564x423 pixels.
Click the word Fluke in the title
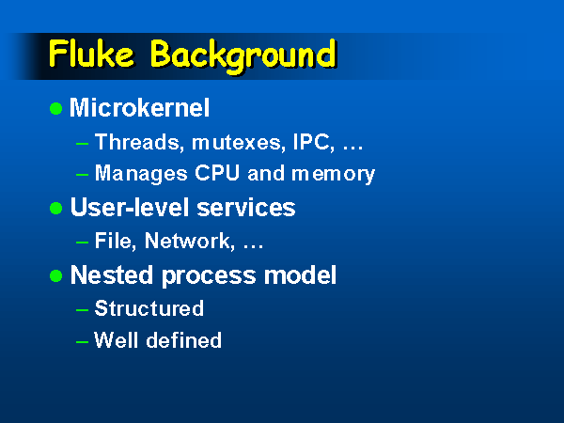click(91, 54)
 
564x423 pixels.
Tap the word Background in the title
click(243, 56)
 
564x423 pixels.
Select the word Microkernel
click(139, 107)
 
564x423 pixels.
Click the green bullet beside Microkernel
click(56, 108)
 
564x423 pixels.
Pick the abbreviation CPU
click(217, 173)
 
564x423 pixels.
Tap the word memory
click(333, 175)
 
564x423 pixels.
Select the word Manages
click(141, 174)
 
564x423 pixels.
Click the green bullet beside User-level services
click(56, 208)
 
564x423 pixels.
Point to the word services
click(246, 208)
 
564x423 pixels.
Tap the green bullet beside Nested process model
click(56, 275)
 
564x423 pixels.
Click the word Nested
click(112, 275)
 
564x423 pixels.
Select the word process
click(209, 276)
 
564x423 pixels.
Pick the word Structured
click(149, 308)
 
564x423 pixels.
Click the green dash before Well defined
click(83, 341)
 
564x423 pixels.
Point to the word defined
click(184, 340)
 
